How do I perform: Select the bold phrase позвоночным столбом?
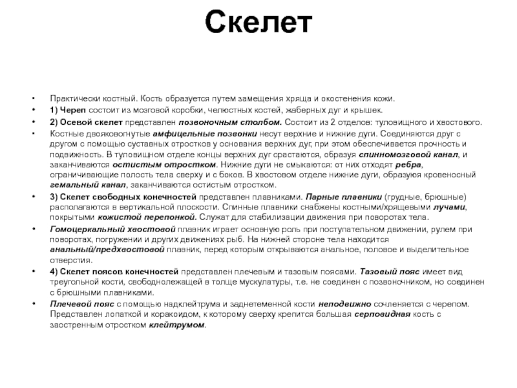pos(221,122)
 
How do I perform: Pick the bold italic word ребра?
pos(408,164)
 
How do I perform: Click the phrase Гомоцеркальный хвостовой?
pos(113,229)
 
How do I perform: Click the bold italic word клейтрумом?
pos(176,325)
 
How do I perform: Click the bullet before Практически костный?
pos(33,99)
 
